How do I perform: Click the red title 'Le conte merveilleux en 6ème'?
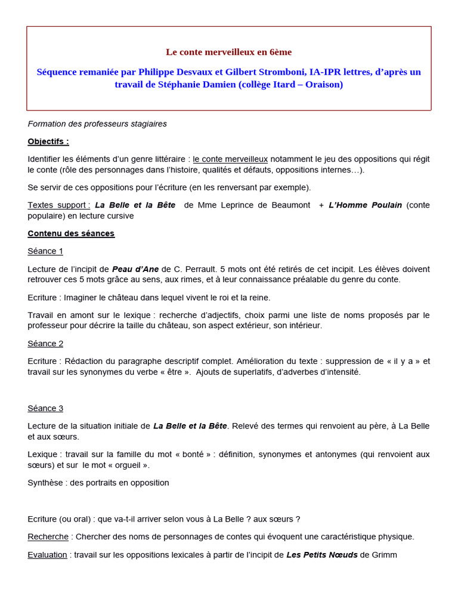(228, 52)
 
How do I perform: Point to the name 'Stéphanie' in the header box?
(179, 85)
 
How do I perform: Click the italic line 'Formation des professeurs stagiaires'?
(97, 124)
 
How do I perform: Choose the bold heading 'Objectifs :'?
(48, 141)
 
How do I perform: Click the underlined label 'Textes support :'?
(59, 205)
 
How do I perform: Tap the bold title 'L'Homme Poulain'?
(365, 205)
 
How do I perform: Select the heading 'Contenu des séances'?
(71, 233)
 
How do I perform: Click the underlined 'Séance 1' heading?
(45, 251)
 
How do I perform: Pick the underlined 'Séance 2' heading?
(45, 344)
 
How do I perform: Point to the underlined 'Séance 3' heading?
(45, 408)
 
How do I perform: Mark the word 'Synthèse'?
(46, 483)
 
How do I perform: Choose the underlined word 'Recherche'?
(48, 537)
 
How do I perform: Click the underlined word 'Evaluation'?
(47, 555)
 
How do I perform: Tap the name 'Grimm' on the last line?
(384, 555)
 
